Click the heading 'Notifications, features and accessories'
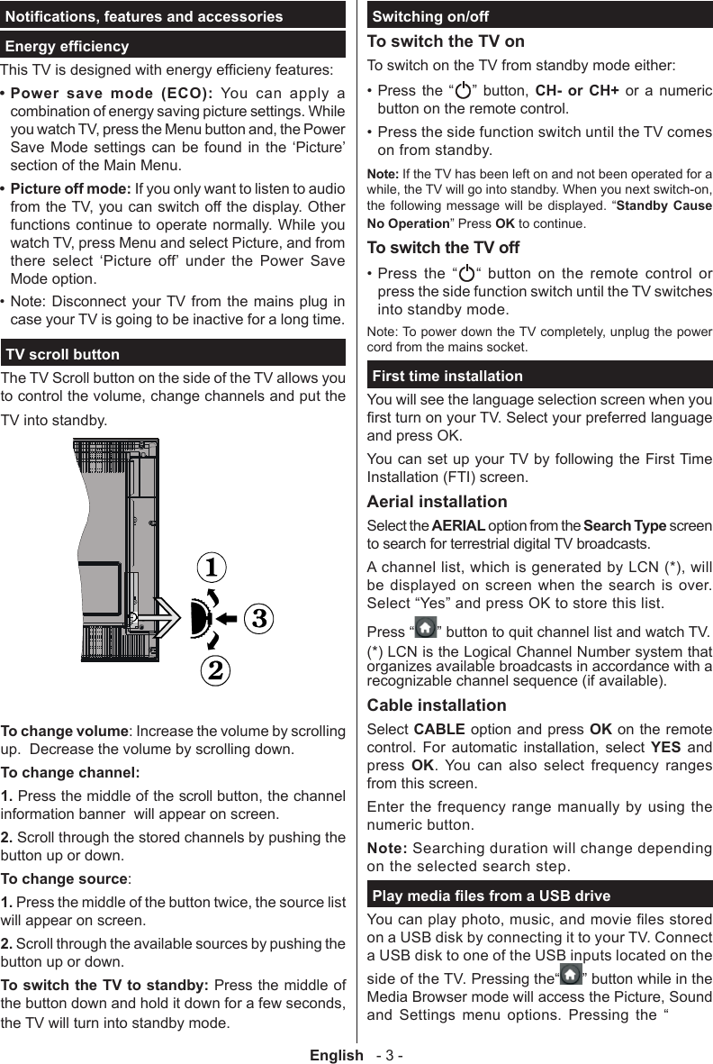point(144,16)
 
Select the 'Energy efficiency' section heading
point(68,46)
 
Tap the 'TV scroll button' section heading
point(63,354)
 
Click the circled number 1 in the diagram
point(212,568)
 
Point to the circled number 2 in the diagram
point(214,669)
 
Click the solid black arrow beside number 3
point(227,618)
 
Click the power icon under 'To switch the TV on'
point(464,92)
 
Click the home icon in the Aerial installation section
point(427,627)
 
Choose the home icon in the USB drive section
point(571,978)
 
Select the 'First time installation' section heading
point(447,376)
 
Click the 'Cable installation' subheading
point(437,705)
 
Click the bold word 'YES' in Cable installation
point(664,748)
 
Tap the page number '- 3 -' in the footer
point(390,1055)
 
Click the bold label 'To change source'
point(64,879)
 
